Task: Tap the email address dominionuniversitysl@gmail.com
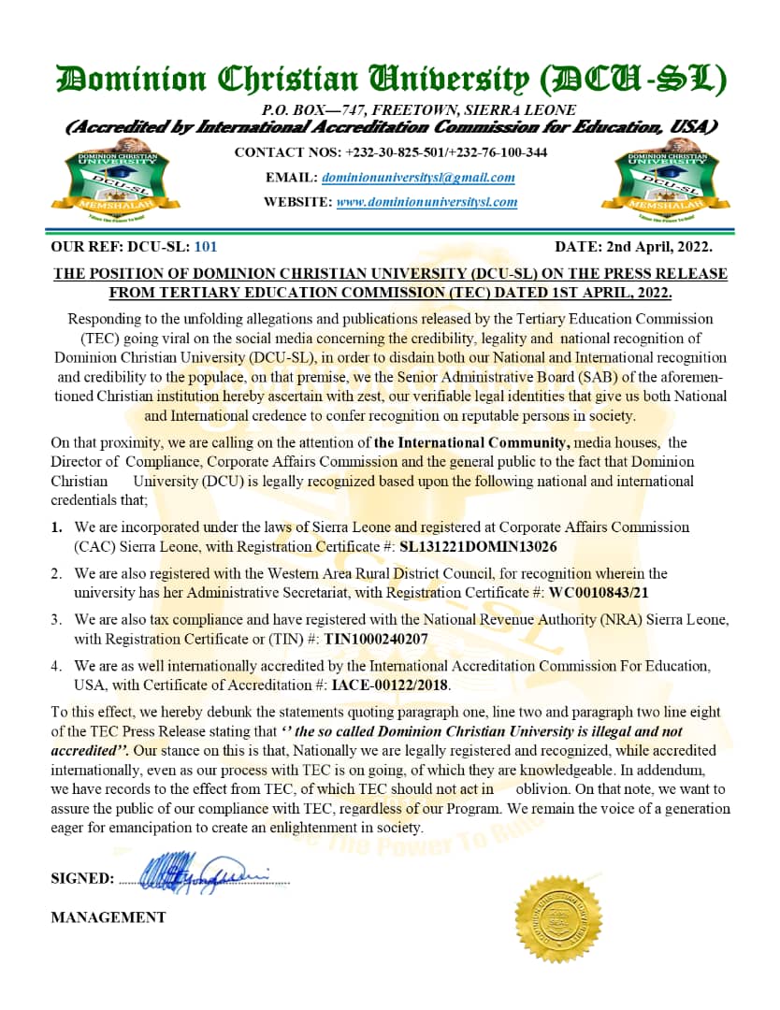(418, 177)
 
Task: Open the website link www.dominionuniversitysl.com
(426, 201)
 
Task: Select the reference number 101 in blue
(205, 247)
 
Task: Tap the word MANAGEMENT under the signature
(108, 917)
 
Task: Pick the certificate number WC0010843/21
(612, 592)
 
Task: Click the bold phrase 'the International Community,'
(471, 442)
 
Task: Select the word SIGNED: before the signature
(82, 878)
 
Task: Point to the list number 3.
(57, 620)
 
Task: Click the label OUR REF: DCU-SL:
(119, 247)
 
